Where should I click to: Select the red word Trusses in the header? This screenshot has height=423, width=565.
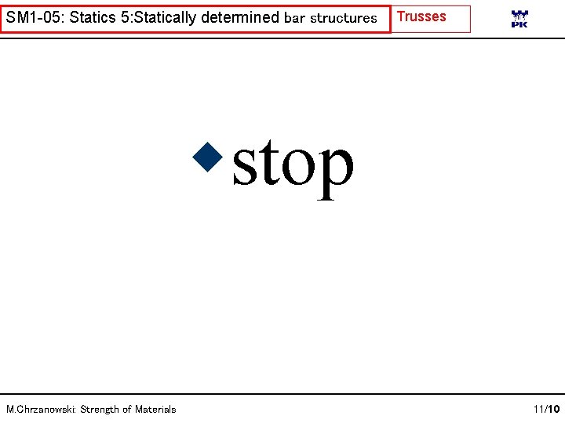[x=422, y=16]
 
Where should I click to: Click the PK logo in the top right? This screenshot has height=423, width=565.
[x=519, y=20]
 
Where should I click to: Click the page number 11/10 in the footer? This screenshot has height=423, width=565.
[x=545, y=409]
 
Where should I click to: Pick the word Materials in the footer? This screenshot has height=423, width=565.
[x=155, y=409]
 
